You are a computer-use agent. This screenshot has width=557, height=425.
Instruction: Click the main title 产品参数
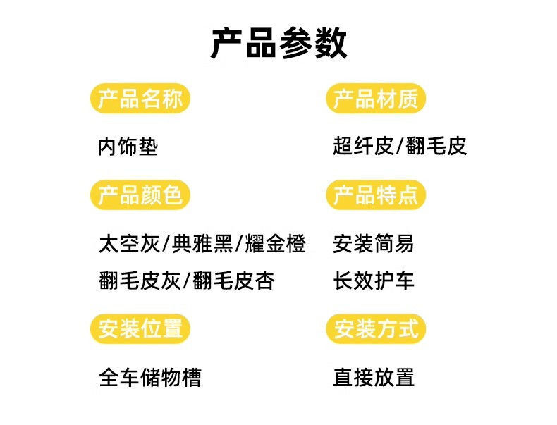click(x=278, y=44)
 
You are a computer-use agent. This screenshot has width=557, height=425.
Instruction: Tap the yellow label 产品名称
click(x=140, y=99)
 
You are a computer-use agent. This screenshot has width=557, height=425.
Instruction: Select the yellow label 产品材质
click(x=376, y=99)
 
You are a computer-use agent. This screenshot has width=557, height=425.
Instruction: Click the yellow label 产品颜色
click(x=140, y=195)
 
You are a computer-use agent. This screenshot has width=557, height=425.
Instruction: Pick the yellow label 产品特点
click(x=376, y=195)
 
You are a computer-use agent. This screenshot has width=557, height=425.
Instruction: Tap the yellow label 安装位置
click(x=140, y=328)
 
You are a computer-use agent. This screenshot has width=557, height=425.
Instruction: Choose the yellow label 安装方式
click(x=376, y=328)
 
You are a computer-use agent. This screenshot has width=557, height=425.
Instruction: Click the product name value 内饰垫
click(x=128, y=147)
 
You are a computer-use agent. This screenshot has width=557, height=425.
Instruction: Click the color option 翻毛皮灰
click(x=139, y=281)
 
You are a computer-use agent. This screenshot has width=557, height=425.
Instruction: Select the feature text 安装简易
click(x=374, y=245)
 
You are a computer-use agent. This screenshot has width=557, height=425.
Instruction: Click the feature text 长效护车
click(x=374, y=281)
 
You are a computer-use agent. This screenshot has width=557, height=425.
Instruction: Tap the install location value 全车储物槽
click(x=150, y=378)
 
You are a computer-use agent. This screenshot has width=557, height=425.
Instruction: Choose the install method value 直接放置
click(x=374, y=378)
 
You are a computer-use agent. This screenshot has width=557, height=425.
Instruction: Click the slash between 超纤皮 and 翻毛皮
click(x=400, y=147)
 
